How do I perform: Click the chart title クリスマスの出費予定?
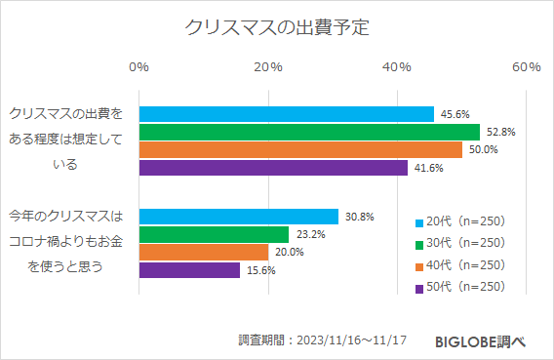pyautogui.click(x=277, y=26)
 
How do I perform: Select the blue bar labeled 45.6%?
pyautogui.click(x=287, y=114)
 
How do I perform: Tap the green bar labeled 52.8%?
pyautogui.click(x=309, y=132)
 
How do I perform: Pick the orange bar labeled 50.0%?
pyautogui.click(x=300, y=149)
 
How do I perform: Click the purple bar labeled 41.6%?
pyautogui.click(x=273, y=168)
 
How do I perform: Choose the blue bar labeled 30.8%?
pyautogui.click(x=239, y=217)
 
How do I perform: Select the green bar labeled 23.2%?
pyautogui.click(x=215, y=234)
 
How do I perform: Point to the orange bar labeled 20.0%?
pyautogui.click(x=204, y=252)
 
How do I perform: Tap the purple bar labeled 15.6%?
pyautogui.click(x=189, y=270)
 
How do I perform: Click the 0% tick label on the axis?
pyautogui.click(x=138, y=66)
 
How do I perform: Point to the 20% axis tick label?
pyautogui.click(x=267, y=66)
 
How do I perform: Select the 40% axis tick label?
pyautogui.click(x=397, y=66)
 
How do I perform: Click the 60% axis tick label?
pyautogui.click(x=527, y=66)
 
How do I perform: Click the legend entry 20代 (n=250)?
pyautogui.click(x=459, y=221)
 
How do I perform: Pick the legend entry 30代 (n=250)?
pyautogui.click(x=459, y=243)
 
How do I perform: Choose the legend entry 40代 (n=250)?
pyautogui.click(x=459, y=265)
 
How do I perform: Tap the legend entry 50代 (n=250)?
pyautogui.click(x=459, y=287)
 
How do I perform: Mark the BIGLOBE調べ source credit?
pyautogui.click(x=481, y=340)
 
